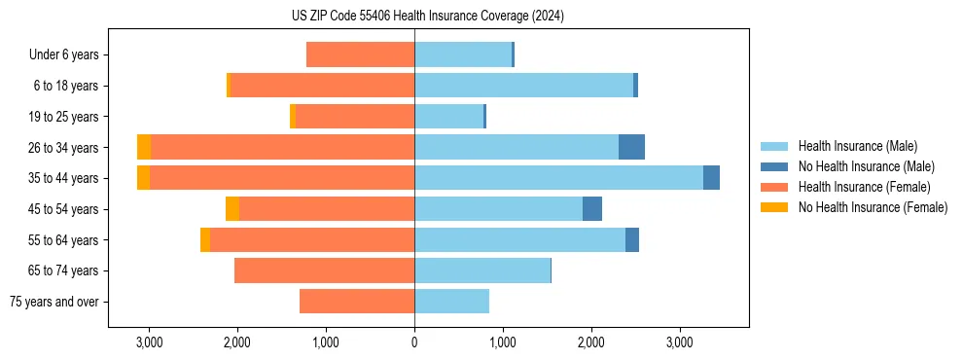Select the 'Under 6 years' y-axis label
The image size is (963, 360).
pyautogui.click(x=64, y=55)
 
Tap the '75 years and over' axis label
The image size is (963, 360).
pyautogui.click(x=54, y=302)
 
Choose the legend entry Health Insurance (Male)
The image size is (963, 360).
pyautogui.click(x=856, y=146)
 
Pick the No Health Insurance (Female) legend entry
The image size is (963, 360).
pyautogui.click(x=873, y=207)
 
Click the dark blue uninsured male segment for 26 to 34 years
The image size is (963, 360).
pyautogui.click(x=631, y=147)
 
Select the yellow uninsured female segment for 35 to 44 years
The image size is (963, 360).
pyautogui.click(x=143, y=178)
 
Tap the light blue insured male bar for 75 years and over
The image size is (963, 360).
pyautogui.click(x=451, y=302)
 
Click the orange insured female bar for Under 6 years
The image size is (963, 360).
pyautogui.click(x=360, y=55)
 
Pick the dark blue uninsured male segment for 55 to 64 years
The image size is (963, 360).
pyautogui.click(x=632, y=239)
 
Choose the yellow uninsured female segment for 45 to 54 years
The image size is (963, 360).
pyautogui.click(x=232, y=209)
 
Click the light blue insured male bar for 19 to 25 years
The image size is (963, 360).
pyautogui.click(x=448, y=117)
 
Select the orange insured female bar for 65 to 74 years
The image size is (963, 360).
pyautogui.click(x=324, y=270)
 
